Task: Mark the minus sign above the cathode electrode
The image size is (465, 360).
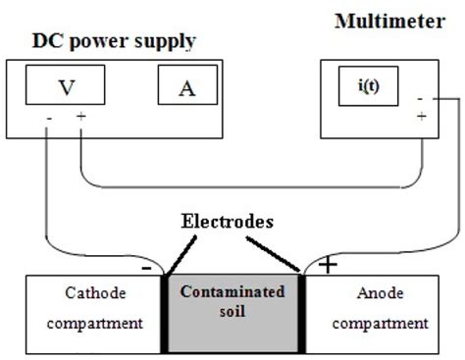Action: [146, 265]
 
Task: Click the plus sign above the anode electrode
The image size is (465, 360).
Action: [326, 265]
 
